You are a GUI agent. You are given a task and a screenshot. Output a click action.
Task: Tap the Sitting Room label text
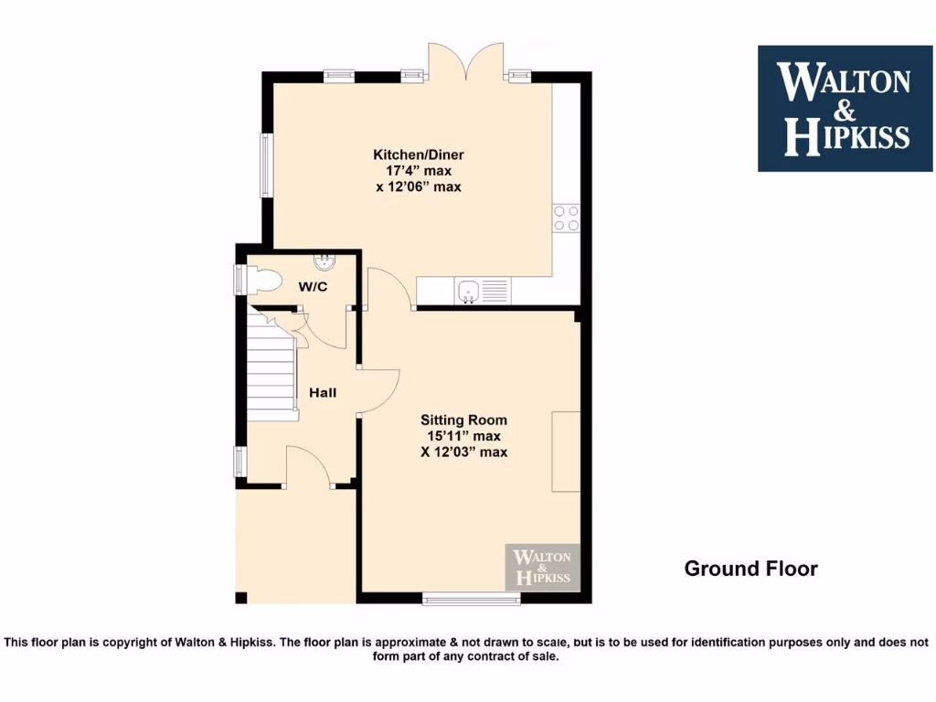pyautogui.click(x=463, y=420)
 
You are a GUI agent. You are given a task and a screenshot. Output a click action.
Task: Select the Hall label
pyautogui.click(x=323, y=393)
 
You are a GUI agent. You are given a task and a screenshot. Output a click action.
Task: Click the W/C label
pyautogui.click(x=314, y=287)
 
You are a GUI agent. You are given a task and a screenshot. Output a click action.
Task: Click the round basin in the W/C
pyautogui.click(x=324, y=263)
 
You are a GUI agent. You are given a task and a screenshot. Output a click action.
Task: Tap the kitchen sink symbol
pyautogui.click(x=468, y=292)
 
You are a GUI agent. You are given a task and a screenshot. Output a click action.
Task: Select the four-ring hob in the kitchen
pyautogui.click(x=566, y=218)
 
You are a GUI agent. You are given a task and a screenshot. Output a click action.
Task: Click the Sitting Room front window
pyautogui.click(x=472, y=599)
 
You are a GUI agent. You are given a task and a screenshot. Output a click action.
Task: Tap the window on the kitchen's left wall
pyautogui.click(x=267, y=165)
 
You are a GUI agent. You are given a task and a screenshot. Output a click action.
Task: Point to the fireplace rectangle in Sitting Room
pyautogui.click(x=566, y=452)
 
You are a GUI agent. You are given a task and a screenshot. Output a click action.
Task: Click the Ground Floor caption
pyautogui.click(x=750, y=569)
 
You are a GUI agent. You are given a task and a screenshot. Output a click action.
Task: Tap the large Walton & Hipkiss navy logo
pyautogui.click(x=845, y=108)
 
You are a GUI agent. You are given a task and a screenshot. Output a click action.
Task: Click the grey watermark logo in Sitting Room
pyautogui.click(x=543, y=567)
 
